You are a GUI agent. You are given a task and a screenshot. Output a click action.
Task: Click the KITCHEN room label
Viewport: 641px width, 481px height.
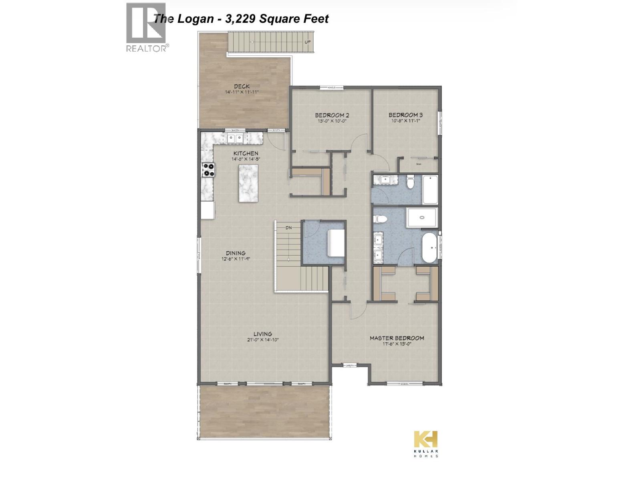click(246, 153)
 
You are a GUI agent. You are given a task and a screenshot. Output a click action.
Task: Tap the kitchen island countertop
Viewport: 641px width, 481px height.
click(248, 184)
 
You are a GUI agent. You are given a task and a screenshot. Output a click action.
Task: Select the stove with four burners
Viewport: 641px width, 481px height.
click(208, 170)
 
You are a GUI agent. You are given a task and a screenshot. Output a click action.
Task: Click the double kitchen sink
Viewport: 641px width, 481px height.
click(235, 138)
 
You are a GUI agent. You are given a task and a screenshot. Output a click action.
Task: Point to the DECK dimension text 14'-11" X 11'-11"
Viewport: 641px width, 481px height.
click(242, 92)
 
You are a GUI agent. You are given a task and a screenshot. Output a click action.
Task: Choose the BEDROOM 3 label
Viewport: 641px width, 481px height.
click(405, 115)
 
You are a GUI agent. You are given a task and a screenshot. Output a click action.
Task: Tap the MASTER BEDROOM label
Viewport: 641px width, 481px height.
click(397, 338)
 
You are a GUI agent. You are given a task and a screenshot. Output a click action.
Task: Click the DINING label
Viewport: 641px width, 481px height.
click(236, 253)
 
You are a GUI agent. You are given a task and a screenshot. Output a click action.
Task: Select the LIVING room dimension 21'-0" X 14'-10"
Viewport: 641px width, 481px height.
click(263, 340)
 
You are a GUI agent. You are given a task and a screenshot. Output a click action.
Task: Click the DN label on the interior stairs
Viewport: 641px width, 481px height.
click(288, 228)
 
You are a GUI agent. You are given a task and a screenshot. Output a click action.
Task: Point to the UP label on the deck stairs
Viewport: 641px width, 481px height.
click(307, 42)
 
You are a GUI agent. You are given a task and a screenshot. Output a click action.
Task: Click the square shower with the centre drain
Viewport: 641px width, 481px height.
click(422, 218)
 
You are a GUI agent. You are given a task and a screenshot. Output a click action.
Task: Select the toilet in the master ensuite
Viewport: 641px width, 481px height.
click(380, 220)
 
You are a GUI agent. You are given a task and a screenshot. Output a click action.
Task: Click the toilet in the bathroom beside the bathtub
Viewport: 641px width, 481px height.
click(410, 183)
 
